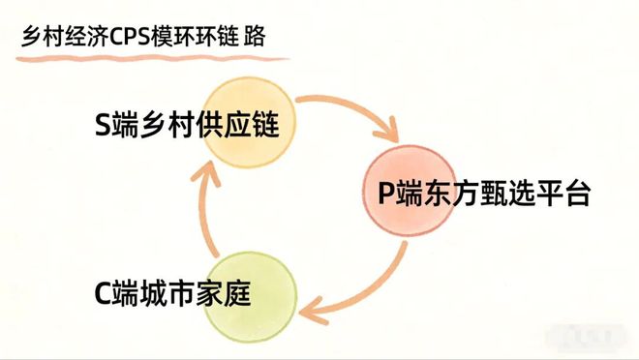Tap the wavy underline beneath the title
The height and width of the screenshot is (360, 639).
click(x=145, y=57)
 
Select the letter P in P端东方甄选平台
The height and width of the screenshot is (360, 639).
click(x=386, y=194)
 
